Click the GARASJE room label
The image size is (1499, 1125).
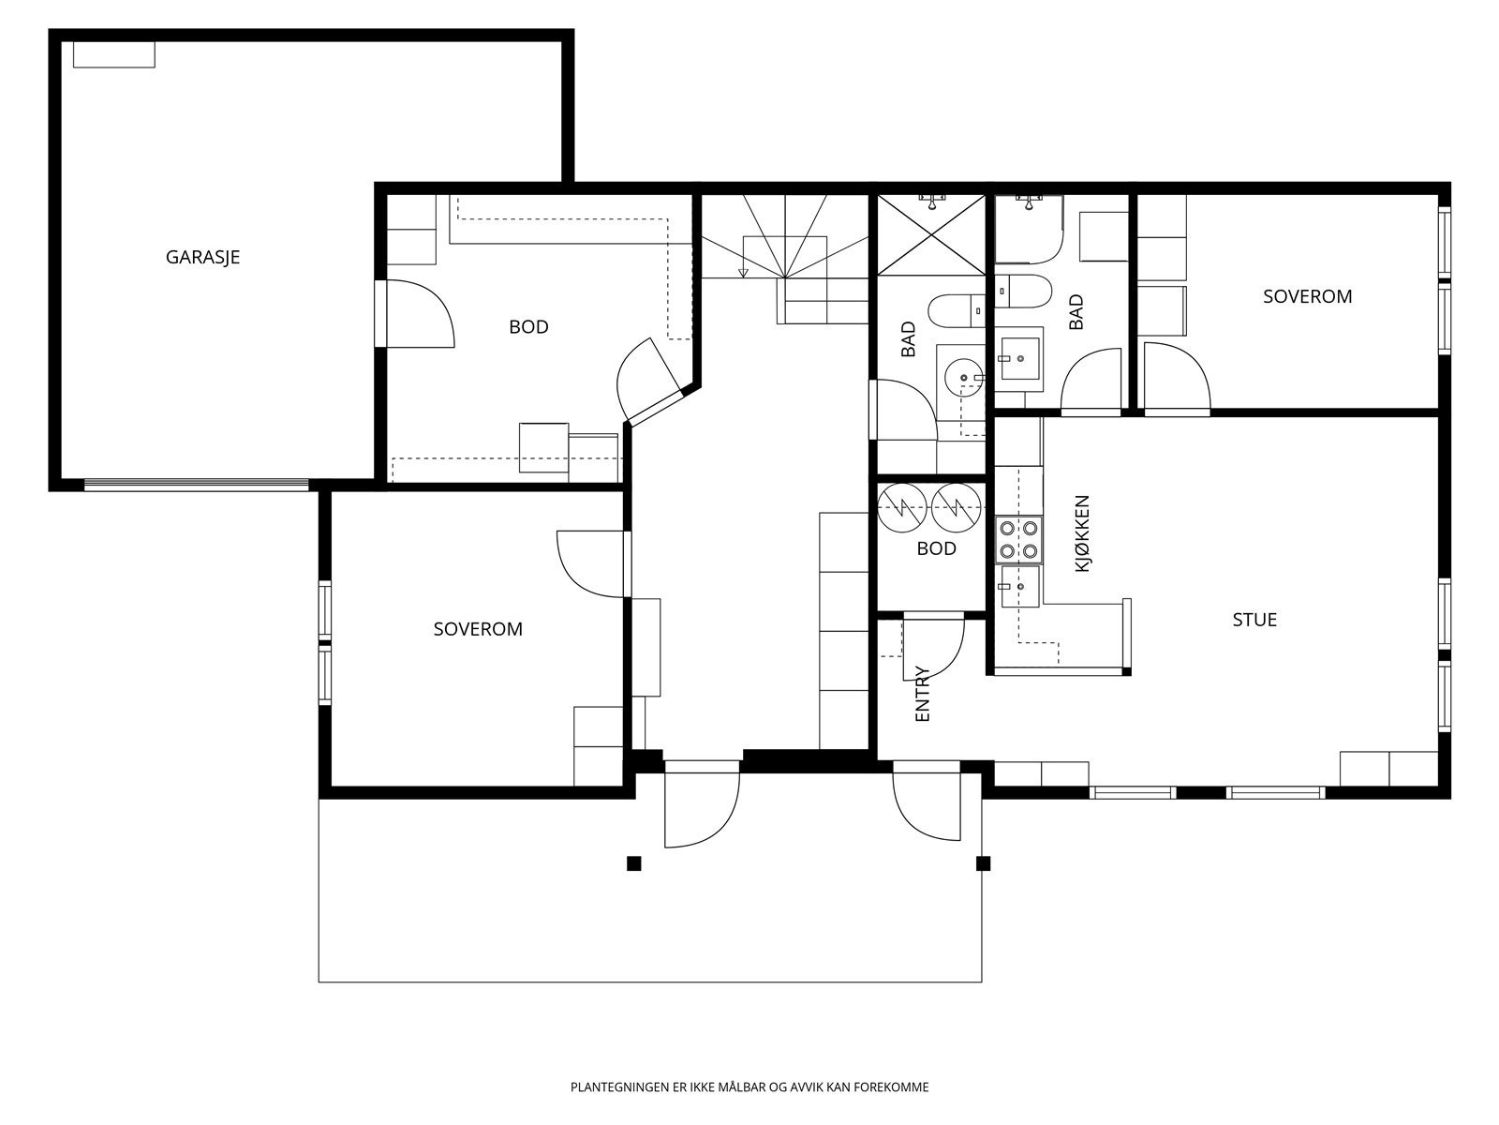pyautogui.click(x=202, y=258)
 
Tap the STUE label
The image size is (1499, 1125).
pyautogui.click(x=1254, y=620)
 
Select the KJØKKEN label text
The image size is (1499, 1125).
pyautogui.click(x=1082, y=533)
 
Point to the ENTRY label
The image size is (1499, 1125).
pyautogui.click(x=922, y=694)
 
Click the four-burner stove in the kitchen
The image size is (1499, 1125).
pyautogui.click(x=1019, y=540)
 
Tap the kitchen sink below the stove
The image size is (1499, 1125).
pyautogui.click(x=1020, y=587)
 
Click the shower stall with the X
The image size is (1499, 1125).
pyautogui.click(x=931, y=235)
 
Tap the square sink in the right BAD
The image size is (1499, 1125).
pyautogui.click(x=1020, y=359)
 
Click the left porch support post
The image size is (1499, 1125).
pyautogui.click(x=633, y=864)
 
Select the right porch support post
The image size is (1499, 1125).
pyautogui.click(x=983, y=864)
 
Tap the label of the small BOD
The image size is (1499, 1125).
pyautogui.click(x=936, y=548)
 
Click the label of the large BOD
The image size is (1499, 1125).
pyautogui.click(x=528, y=327)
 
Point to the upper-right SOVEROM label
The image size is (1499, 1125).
pyautogui.click(x=1307, y=296)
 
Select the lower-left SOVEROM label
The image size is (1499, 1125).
pyautogui.click(x=478, y=629)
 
